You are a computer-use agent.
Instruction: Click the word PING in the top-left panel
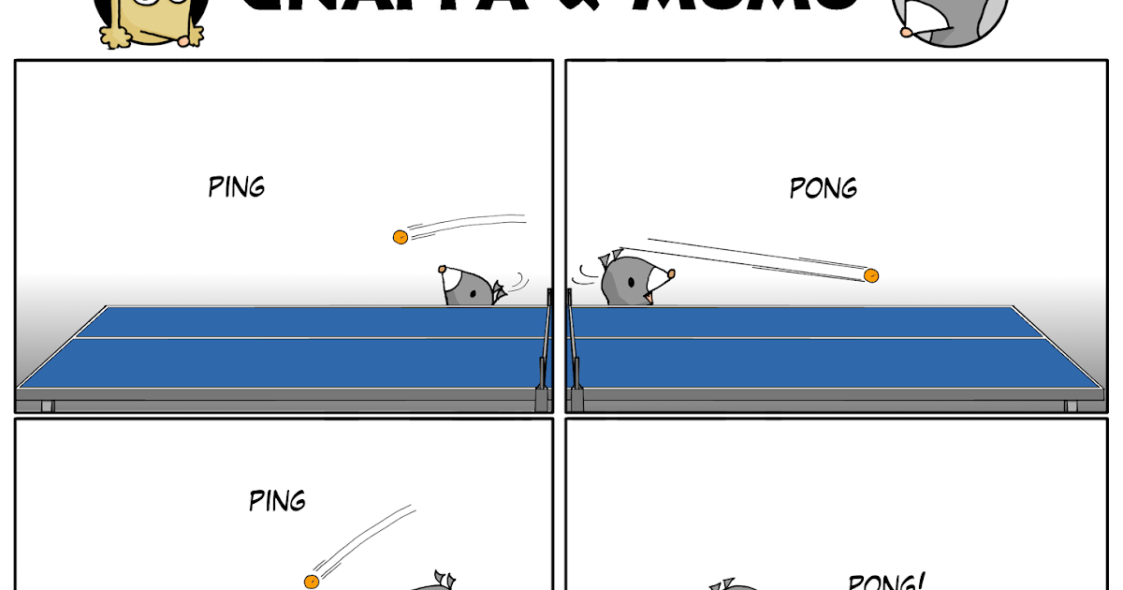[237, 186]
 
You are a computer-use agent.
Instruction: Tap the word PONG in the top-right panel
[824, 188]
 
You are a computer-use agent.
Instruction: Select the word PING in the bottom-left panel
[277, 500]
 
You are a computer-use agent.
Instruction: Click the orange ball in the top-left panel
[400, 237]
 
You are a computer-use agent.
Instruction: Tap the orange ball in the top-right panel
[871, 275]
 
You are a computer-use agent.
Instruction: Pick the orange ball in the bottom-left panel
[312, 582]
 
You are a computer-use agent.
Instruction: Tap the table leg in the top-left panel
[48, 406]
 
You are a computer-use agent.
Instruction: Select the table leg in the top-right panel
[1070, 406]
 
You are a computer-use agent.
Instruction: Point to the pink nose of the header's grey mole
[906, 32]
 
